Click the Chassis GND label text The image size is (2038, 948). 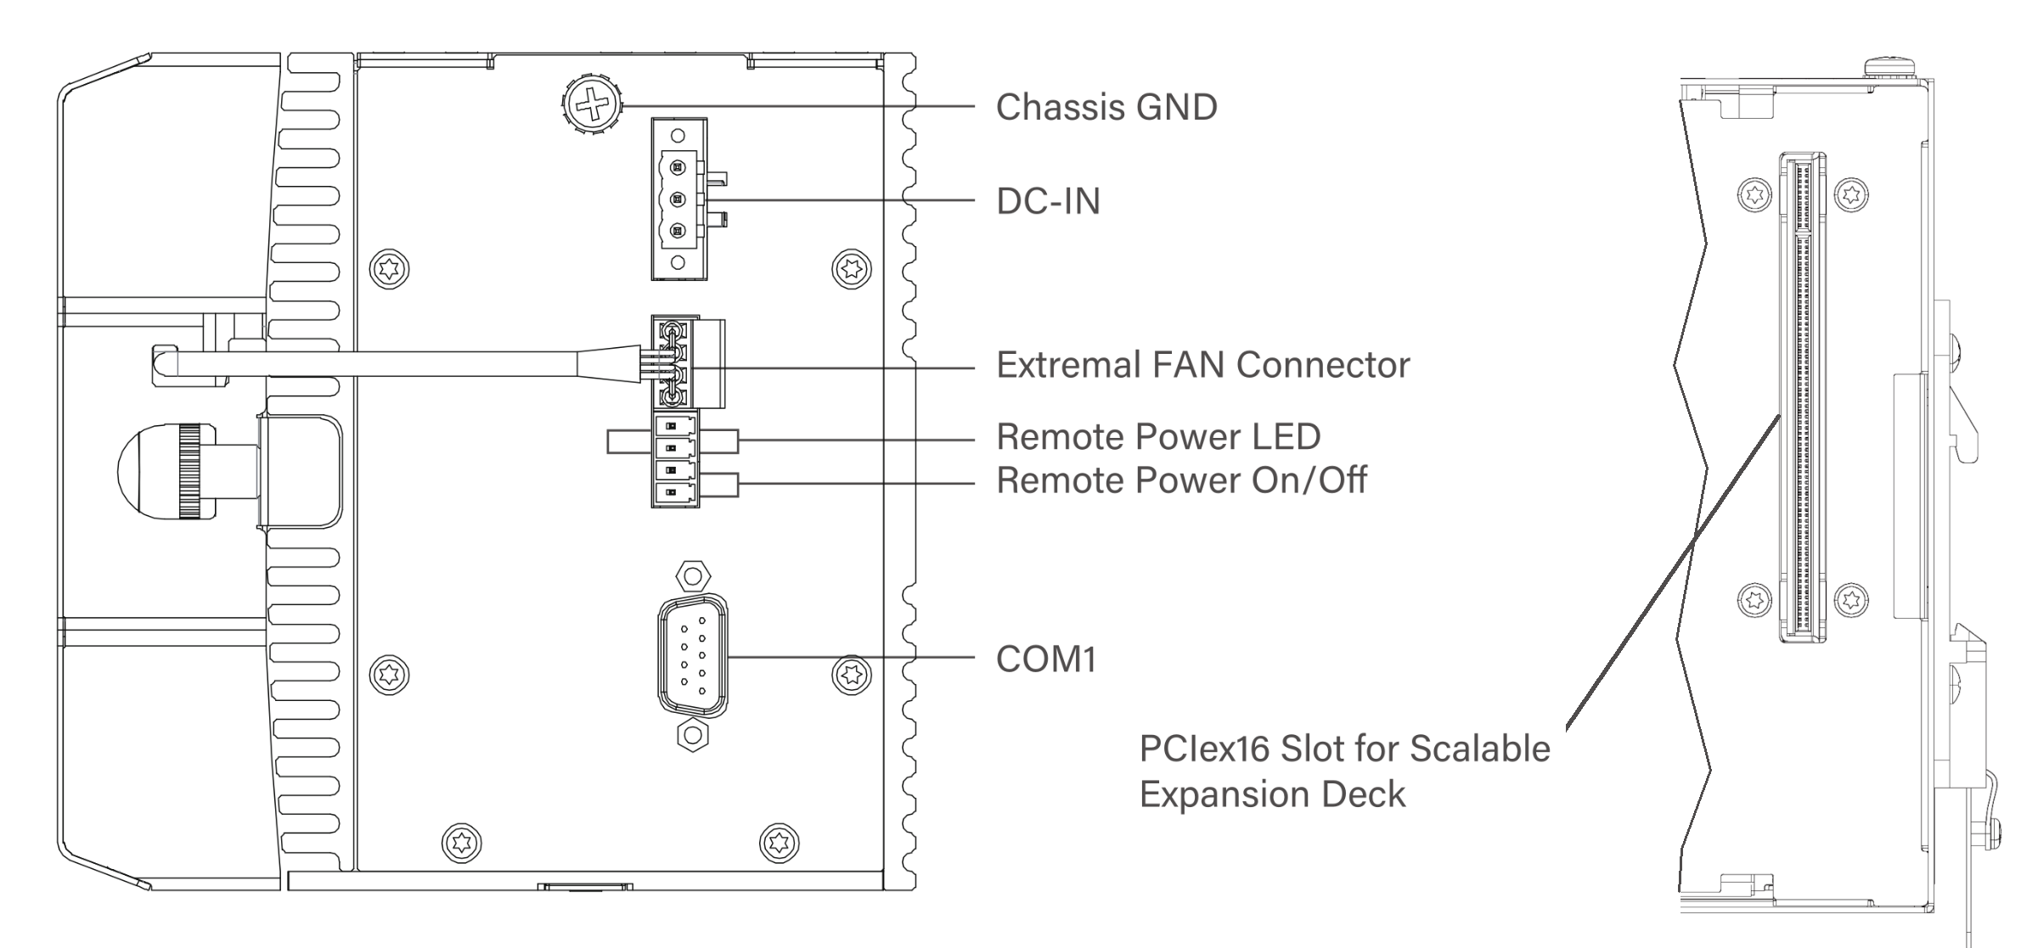click(x=1106, y=108)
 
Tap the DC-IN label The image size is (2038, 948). click(x=1048, y=202)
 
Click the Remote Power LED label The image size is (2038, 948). click(x=1157, y=437)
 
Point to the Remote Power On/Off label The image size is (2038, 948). click(x=1180, y=480)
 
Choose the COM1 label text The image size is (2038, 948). click(x=1045, y=659)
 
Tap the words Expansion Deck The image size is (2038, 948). click(x=1272, y=794)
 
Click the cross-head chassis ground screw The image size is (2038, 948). click(x=592, y=106)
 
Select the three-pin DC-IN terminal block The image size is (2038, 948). click(x=678, y=199)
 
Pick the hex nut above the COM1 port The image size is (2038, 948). click(x=693, y=577)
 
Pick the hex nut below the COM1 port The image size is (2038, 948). click(x=693, y=735)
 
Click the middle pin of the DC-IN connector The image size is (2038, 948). click(x=678, y=199)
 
